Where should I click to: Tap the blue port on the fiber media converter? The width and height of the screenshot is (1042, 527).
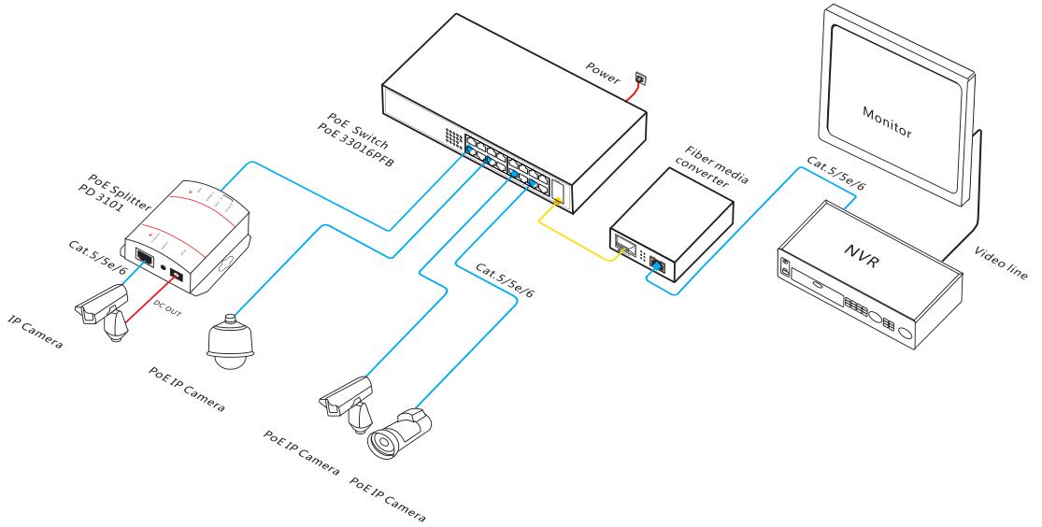tap(657, 268)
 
